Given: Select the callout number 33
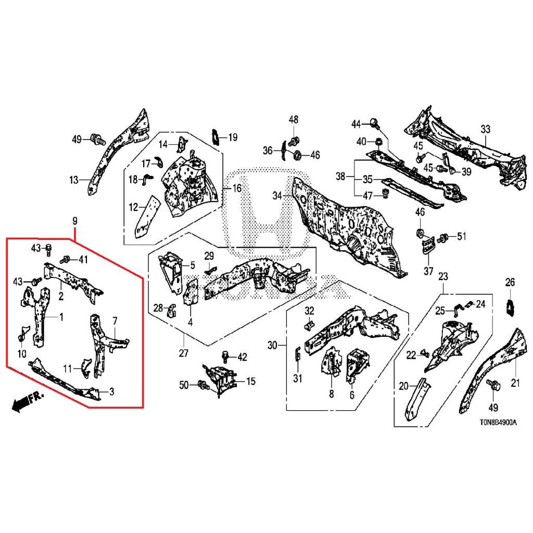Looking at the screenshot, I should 485,129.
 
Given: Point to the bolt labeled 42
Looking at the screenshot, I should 225,356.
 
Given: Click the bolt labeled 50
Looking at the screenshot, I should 204,386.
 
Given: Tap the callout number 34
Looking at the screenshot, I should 277,195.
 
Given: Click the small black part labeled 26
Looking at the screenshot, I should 510,307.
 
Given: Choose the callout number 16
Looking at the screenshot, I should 237,188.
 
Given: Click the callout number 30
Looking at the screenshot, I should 273,345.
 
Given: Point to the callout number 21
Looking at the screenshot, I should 515,384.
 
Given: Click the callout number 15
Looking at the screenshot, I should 250,382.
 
